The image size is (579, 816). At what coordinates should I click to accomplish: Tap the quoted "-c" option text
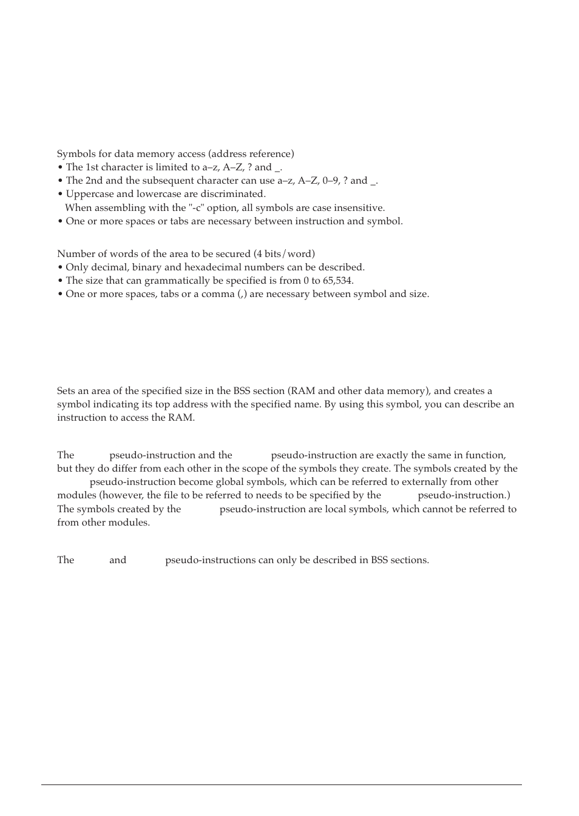tap(195, 208)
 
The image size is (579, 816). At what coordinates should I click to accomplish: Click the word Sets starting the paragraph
tap(67, 391)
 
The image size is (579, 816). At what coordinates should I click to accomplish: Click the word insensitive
tap(361, 208)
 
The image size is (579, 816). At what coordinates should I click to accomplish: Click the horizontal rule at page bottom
tap(282, 785)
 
